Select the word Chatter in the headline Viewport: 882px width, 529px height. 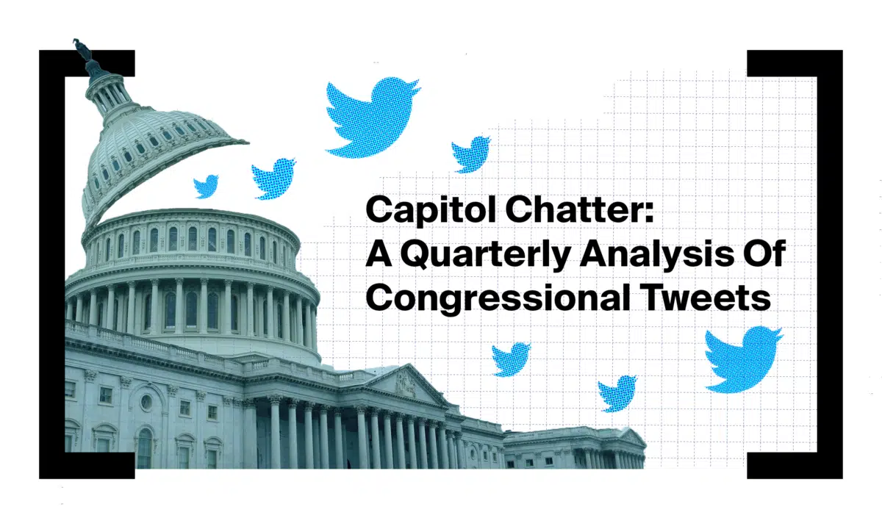coord(572,210)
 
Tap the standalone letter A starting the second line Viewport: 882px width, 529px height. coord(379,253)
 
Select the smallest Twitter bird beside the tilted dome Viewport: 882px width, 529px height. coord(206,186)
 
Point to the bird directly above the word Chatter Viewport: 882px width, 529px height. coord(471,154)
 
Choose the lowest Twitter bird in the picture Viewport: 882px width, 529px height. coord(617,394)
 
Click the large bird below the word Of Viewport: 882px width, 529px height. coord(742,360)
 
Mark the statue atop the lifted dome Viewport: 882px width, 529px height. coord(82,50)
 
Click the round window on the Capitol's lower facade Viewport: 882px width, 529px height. coord(146,402)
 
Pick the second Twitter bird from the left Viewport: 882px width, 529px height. coord(273,179)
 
